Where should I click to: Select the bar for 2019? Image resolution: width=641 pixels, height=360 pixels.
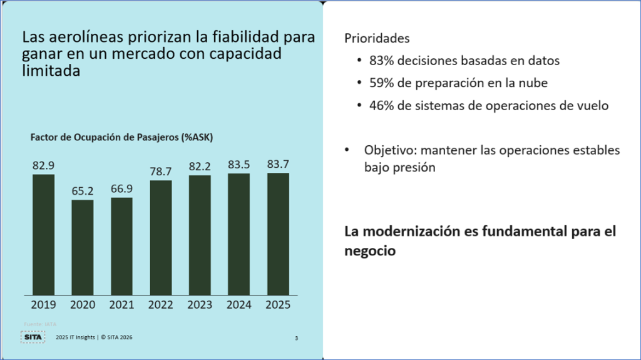coord(43,234)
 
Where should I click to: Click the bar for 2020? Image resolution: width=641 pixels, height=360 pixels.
coord(83,247)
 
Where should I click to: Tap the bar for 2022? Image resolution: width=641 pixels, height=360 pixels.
coord(160,237)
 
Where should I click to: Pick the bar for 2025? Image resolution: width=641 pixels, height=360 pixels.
coord(278,234)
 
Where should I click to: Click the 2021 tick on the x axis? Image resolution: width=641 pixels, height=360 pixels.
coord(121,305)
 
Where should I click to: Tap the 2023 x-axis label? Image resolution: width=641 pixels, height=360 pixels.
coord(200,305)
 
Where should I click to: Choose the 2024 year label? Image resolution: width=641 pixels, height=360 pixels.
coord(239,305)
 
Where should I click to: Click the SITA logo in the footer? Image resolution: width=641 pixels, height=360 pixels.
coord(33,337)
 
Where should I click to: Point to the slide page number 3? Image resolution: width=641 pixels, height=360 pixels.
coord(296,339)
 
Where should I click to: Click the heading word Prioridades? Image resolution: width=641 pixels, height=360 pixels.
coord(377,38)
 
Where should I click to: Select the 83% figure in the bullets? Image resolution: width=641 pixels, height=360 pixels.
coord(381,61)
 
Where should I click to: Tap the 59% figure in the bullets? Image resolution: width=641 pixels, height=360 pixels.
coord(381,83)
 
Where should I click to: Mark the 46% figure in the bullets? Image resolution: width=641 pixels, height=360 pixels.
coord(381,105)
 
